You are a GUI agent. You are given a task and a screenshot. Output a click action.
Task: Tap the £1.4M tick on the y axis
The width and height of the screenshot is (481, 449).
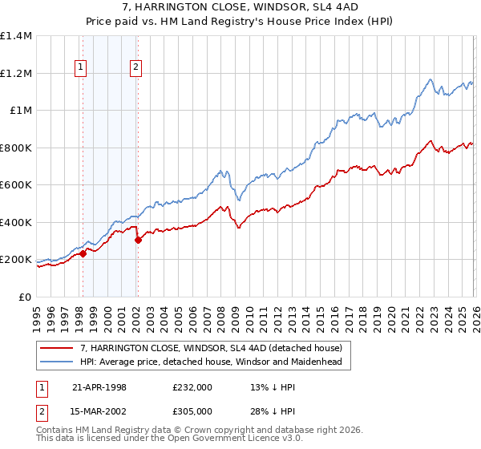click(16, 36)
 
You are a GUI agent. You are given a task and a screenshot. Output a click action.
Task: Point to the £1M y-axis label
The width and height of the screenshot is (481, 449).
click(21, 111)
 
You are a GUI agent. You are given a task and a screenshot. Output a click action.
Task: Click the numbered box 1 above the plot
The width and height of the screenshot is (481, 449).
click(82, 68)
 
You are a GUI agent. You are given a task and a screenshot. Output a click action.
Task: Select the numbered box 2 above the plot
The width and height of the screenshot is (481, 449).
click(136, 68)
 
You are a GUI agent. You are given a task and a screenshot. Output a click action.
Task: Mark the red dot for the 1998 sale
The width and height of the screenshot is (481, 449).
click(83, 253)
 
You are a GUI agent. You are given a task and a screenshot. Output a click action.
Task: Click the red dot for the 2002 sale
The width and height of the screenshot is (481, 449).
click(139, 240)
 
